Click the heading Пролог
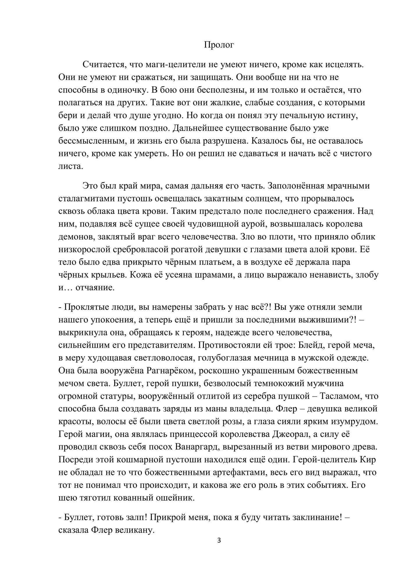coord(219,45)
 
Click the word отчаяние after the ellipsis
coord(95,288)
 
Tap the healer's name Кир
coord(368,459)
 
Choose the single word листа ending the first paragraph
coord(70,166)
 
